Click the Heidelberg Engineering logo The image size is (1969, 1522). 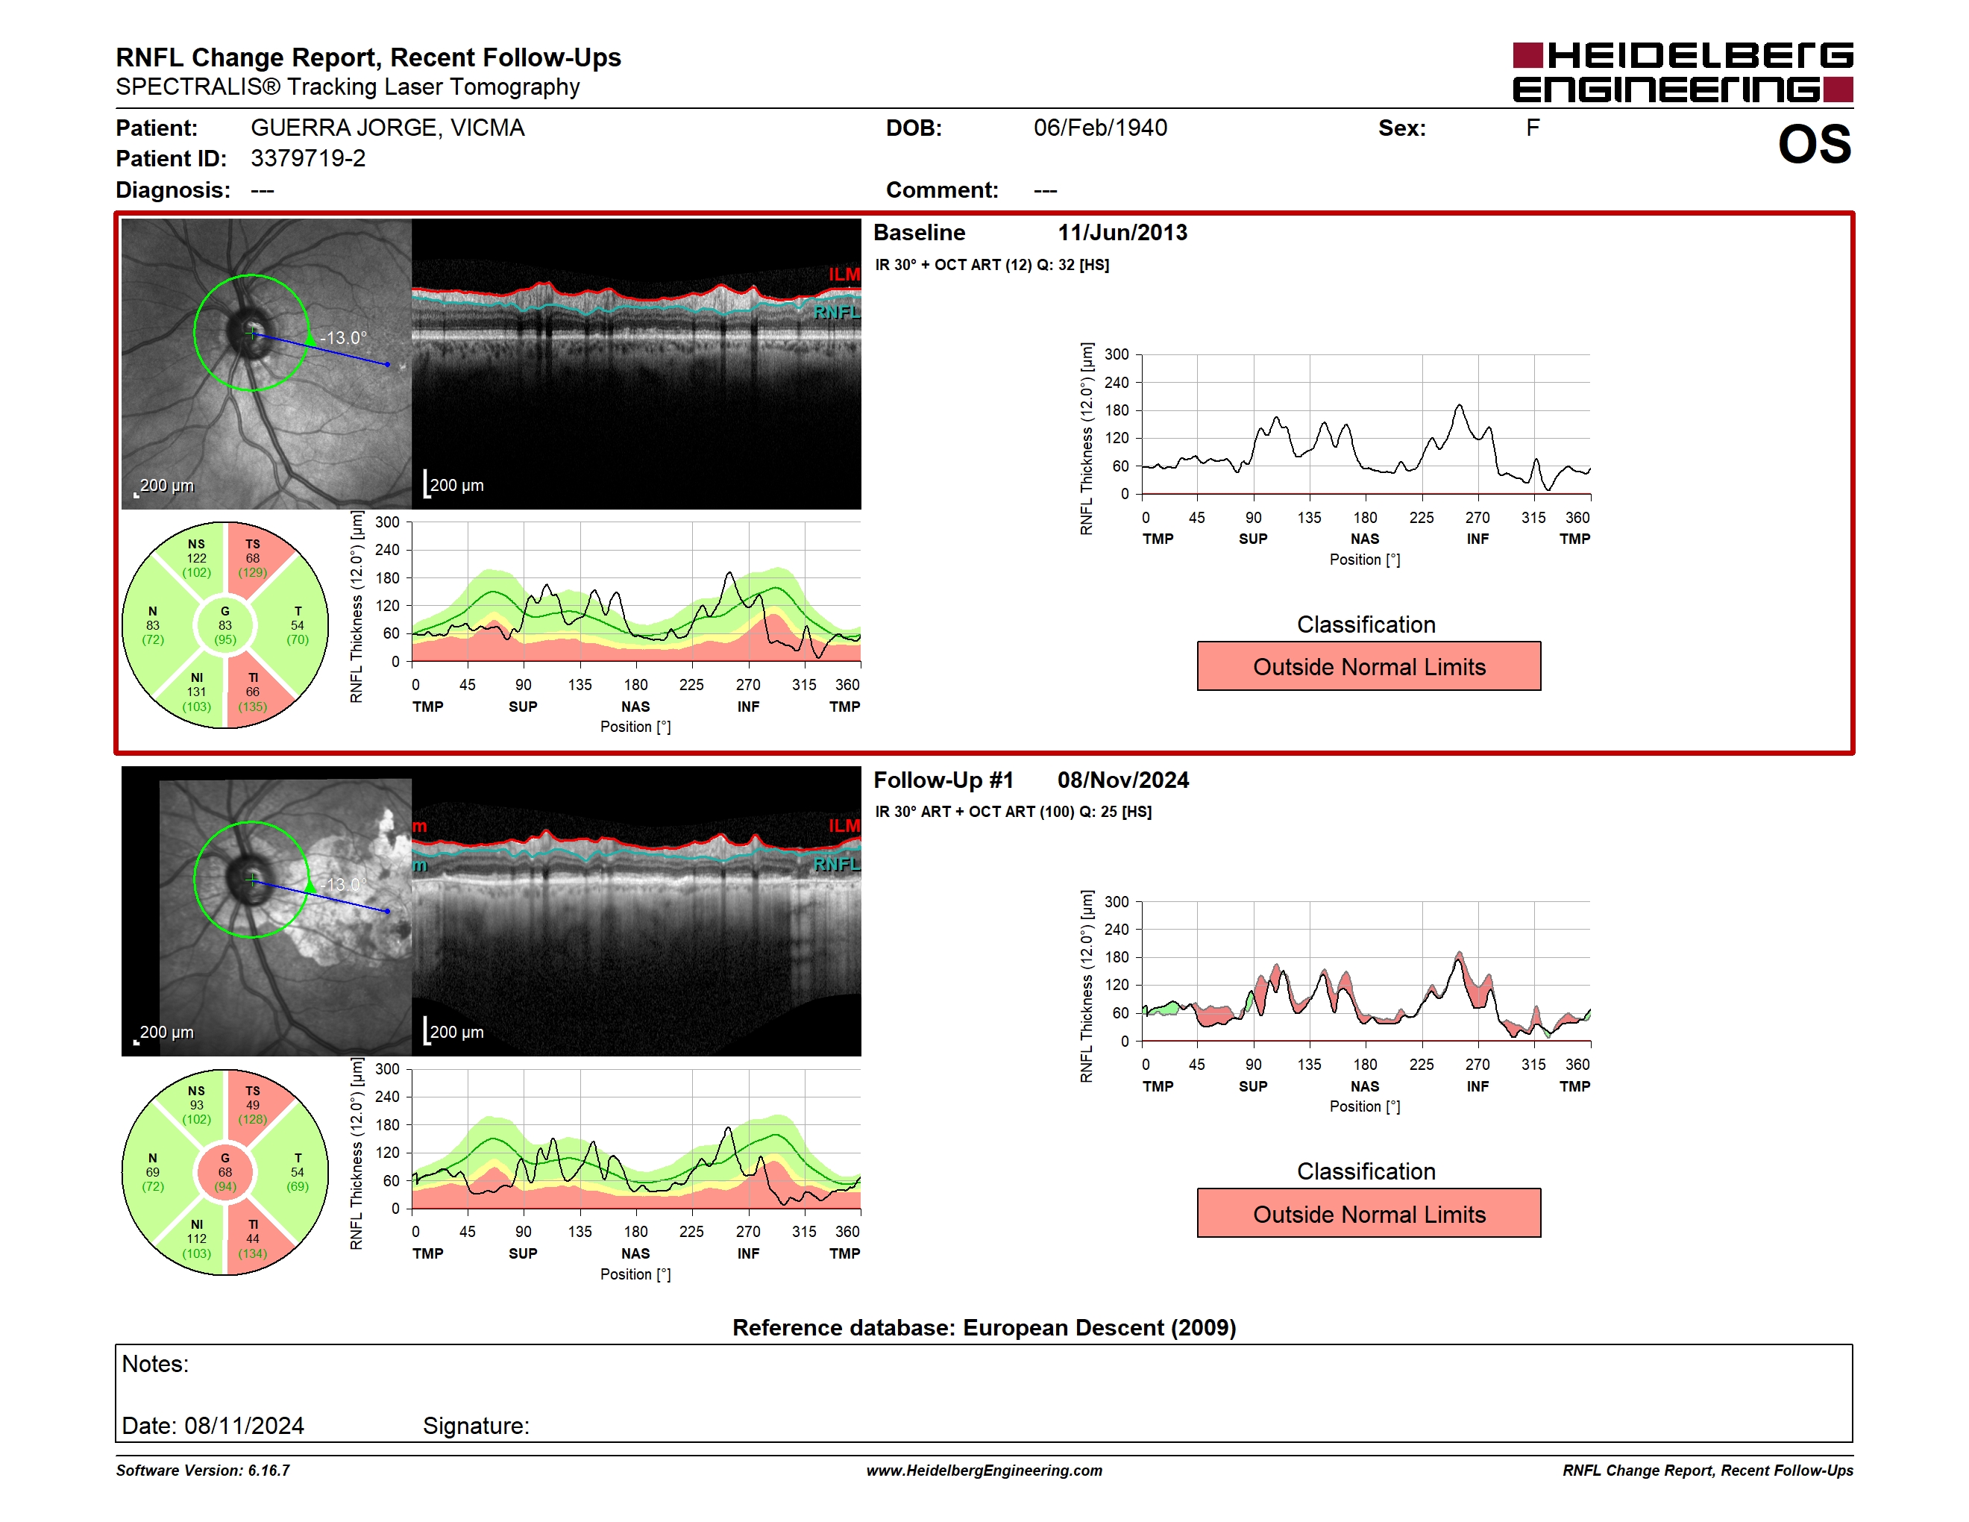pyautogui.click(x=1683, y=72)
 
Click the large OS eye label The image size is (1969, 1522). pyautogui.click(x=1814, y=144)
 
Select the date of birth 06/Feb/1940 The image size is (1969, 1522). pyautogui.click(x=1100, y=128)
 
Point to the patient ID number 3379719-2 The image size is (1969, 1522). pyautogui.click(x=308, y=159)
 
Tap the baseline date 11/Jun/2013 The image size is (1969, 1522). pyautogui.click(x=1122, y=233)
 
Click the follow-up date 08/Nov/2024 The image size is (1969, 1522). pyautogui.click(x=1123, y=780)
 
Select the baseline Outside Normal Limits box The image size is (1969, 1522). pyautogui.click(x=1369, y=666)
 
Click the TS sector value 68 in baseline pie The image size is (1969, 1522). pyautogui.click(x=252, y=558)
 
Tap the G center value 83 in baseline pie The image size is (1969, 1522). pyautogui.click(x=225, y=625)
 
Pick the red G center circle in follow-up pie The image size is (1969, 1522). pyautogui.click(x=225, y=1172)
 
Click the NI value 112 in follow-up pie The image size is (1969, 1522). pyautogui.click(x=197, y=1239)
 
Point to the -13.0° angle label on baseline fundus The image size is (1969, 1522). pyautogui.click(x=344, y=338)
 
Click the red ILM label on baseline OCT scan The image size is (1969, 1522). pyautogui.click(x=844, y=274)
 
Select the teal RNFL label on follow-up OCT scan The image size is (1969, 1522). pyautogui.click(x=837, y=864)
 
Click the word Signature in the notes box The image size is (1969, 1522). pyautogui.click(x=476, y=1426)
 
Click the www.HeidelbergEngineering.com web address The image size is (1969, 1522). pyautogui.click(x=984, y=1471)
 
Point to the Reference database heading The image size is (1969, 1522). pyautogui.click(x=984, y=1327)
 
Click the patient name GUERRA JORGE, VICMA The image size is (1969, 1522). pyautogui.click(x=388, y=128)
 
